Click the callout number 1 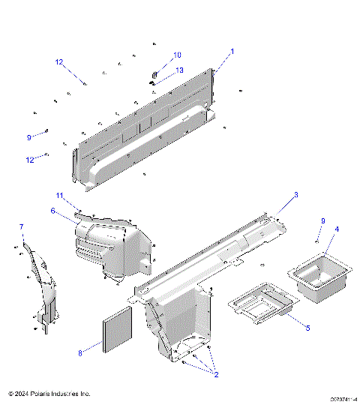coord(232,52)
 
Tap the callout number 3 coord(295,195)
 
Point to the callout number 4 coord(337,229)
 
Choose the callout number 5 coord(306,328)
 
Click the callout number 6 coord(53,211)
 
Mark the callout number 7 coord(21,227)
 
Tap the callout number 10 coord(178,55)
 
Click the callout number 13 coord(179,70)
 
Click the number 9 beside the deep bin coord(323,220)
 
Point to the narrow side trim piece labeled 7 coord(41,285)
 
